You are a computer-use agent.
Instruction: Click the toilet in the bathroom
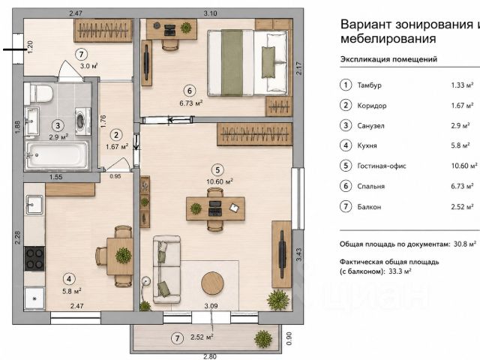[x=39, y=93]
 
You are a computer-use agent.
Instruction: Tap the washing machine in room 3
[x=82, y=121]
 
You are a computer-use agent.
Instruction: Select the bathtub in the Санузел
[x=57, y=155]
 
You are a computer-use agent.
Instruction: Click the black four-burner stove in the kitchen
[x=34, y=259]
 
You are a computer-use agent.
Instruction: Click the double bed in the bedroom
[x=247, y=63]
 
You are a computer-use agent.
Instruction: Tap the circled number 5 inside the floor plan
[x=217, y=170]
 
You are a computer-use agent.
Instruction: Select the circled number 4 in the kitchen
[x=69, y=279]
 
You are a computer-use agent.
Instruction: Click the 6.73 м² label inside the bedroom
[x=191, y=103]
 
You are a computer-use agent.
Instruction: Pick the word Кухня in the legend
[x=367, y=145]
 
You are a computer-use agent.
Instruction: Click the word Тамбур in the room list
[x=369, y=85]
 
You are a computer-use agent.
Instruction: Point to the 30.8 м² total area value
[x=465, y=244]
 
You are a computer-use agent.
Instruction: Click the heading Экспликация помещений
[x=388, y=59]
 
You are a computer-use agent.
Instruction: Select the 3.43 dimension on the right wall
[x=298, y=255]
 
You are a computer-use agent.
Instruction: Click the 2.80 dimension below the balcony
[x=210, y=357]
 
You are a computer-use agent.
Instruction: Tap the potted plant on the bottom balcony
[x=263, y=339]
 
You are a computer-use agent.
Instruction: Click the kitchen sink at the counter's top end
[x=34, y=205]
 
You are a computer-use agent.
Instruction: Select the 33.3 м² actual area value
[x=400, y=271]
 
